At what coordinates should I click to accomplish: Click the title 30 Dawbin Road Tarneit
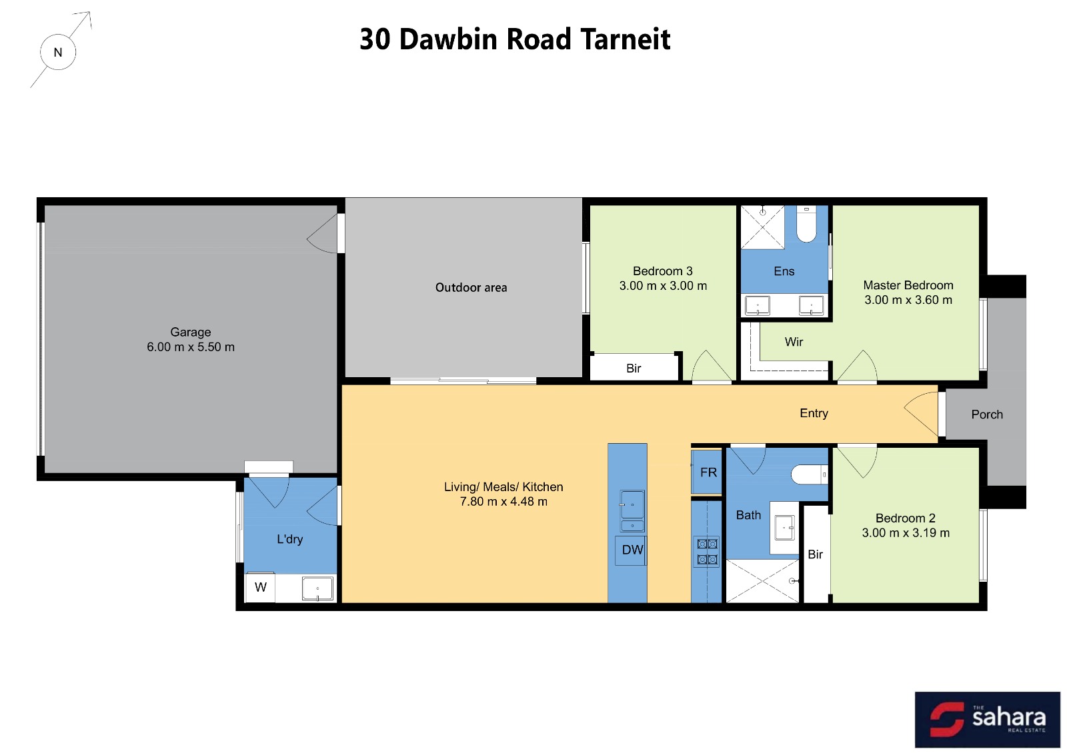pyautogui.click(x=515, y=39)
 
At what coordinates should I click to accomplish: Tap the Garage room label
pyautogui.click(x=191, y=333)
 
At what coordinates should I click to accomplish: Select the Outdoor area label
pyautogui.click(x=471, y=287)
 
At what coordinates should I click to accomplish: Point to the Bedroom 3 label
pyautogui.click(x=663, y=271)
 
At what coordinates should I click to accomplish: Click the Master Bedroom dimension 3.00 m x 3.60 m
pyautogui.click(x=908, y=300)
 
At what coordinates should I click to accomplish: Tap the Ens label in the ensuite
pyautogui.click(x=784, y=271)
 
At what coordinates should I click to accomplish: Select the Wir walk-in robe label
pyautogui.click(x=794, y=342)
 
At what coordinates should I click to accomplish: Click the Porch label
pyautogui.click(x=987, y=414)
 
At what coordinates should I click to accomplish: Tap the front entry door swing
pyautogui.click(x=921, y=413)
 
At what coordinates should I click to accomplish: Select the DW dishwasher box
pyautogui.click(x=631, y=550)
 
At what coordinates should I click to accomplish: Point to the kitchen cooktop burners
pyautogui.click(x=708, y=552)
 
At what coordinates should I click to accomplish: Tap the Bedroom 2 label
pyautogui.click(x=906, y=518)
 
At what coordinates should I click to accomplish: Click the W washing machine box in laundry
pyautogui.click(x=260, y=587)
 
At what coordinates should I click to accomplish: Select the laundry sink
pyautogui.click(x=317, y=588)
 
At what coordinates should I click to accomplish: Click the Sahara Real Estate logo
pyautogui.click(x=987, y=719)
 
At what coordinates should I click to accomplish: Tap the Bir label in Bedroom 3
pyautogui.click(x=634, y=369)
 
